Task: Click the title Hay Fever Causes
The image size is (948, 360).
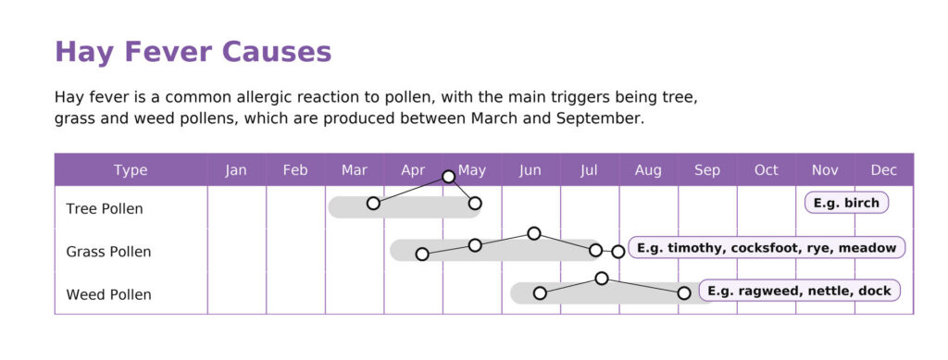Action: pos(193,52)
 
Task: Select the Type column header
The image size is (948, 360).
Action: pos(131,170)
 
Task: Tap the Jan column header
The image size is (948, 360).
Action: pos(236,170)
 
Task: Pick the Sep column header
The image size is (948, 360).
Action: pos(707,170)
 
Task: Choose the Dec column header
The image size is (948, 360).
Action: pos(884,170)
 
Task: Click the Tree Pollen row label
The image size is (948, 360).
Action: pos(105,209)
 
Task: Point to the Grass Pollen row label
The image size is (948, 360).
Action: pos(109,252)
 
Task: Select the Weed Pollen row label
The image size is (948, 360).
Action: pos(109,295)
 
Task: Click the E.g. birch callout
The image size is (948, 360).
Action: pos(846,203)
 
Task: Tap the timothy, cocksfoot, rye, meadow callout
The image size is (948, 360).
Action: pos(767,248)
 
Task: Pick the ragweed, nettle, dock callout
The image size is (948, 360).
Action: pos(799,291)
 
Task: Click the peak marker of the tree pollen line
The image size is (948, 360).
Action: pos(449,177)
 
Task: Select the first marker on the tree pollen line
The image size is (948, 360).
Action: pos(374,203)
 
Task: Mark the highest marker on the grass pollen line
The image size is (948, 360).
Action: pos(534,233)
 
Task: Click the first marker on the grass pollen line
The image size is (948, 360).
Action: pos(422,254)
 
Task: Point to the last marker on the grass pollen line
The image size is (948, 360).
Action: pos(617,252)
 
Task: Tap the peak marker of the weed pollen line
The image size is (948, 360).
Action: pos(602,278)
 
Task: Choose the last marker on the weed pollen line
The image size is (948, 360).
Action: pos(684,293)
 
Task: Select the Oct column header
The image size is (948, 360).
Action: pos(766,170)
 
